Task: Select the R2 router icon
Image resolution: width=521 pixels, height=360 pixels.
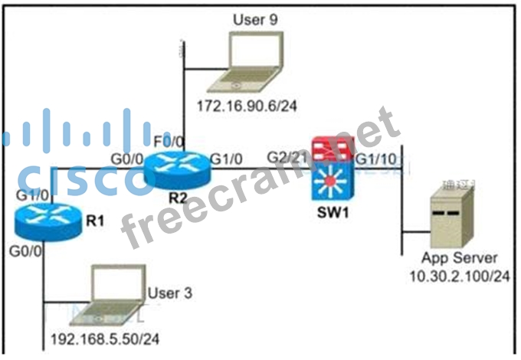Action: tap(177, 170)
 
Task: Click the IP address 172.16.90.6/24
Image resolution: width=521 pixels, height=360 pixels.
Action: tap(246, 106)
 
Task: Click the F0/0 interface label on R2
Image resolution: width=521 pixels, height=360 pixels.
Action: tap(169, 142)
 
